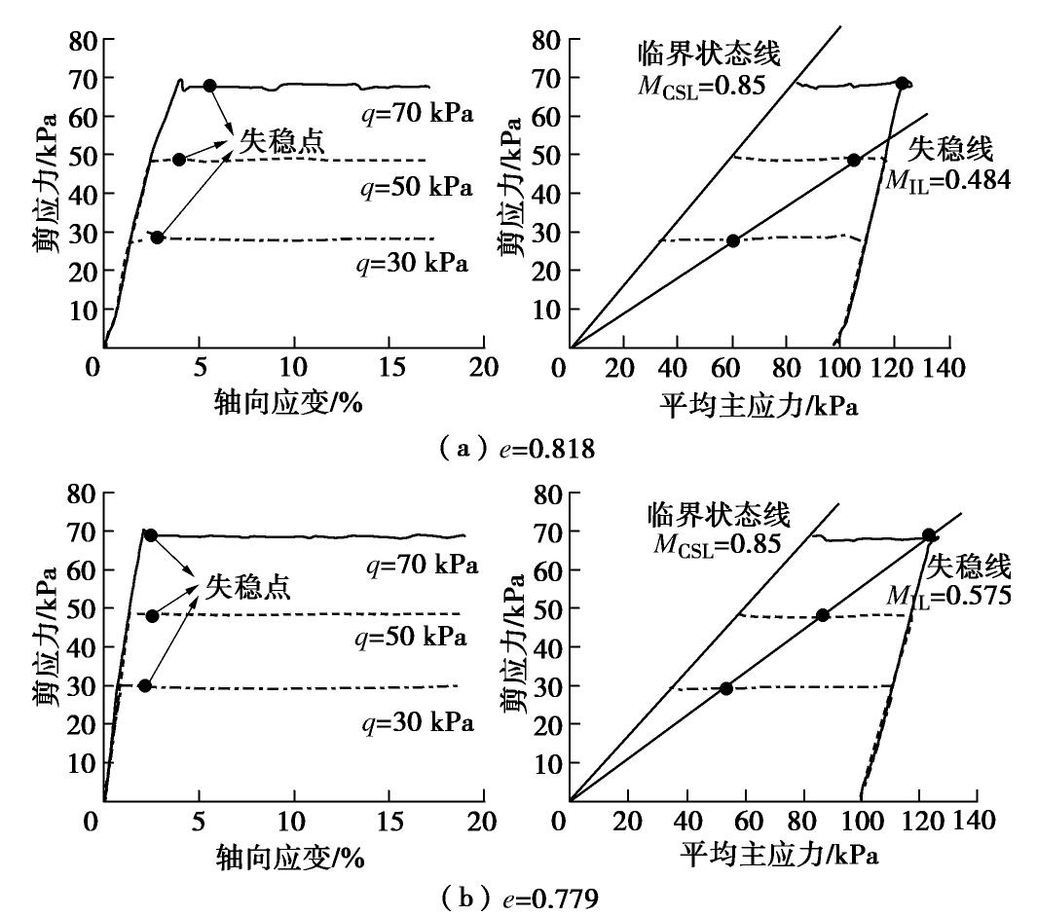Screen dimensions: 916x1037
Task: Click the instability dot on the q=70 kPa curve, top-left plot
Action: tap(209, 86)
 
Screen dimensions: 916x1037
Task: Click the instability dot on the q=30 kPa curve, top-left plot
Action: tap(157, 238)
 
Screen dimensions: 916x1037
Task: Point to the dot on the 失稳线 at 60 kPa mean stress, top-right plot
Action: tap(732, 240)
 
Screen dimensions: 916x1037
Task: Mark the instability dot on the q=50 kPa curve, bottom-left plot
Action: tap(152, 615)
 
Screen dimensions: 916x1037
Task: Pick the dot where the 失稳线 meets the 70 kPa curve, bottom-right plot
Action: tap(928, 534)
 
